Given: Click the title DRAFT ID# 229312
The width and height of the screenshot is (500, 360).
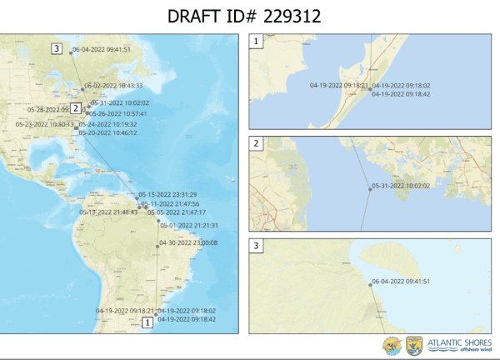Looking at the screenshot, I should pos(250,17).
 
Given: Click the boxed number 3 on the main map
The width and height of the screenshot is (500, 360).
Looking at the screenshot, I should pos(57,49).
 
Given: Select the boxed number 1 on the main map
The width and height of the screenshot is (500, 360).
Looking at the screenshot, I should pos(148,322).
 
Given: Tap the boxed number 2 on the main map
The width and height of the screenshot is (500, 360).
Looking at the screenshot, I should pos(75,107).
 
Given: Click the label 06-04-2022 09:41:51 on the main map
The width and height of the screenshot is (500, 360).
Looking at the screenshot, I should pos(102,50).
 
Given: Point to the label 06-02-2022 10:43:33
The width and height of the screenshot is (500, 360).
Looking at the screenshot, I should pos(112,86).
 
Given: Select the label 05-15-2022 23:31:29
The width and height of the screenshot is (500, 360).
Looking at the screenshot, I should pos(167,195).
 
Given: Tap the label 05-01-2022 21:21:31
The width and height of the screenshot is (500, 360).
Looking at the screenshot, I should pos(189,225).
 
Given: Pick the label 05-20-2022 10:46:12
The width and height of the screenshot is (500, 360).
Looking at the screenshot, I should pos(107,132).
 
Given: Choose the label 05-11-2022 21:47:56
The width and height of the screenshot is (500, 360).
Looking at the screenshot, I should pos(171,203).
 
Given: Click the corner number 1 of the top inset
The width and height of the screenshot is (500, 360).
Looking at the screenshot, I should pos(257,40).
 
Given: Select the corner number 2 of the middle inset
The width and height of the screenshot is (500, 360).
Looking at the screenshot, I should pos(257,143).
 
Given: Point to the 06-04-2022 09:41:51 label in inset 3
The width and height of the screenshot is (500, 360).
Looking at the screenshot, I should pos(401,283).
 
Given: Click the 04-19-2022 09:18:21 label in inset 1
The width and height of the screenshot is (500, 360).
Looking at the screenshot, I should pos(338,86).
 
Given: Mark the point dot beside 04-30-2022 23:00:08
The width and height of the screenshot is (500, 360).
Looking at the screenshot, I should pos(157,243).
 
